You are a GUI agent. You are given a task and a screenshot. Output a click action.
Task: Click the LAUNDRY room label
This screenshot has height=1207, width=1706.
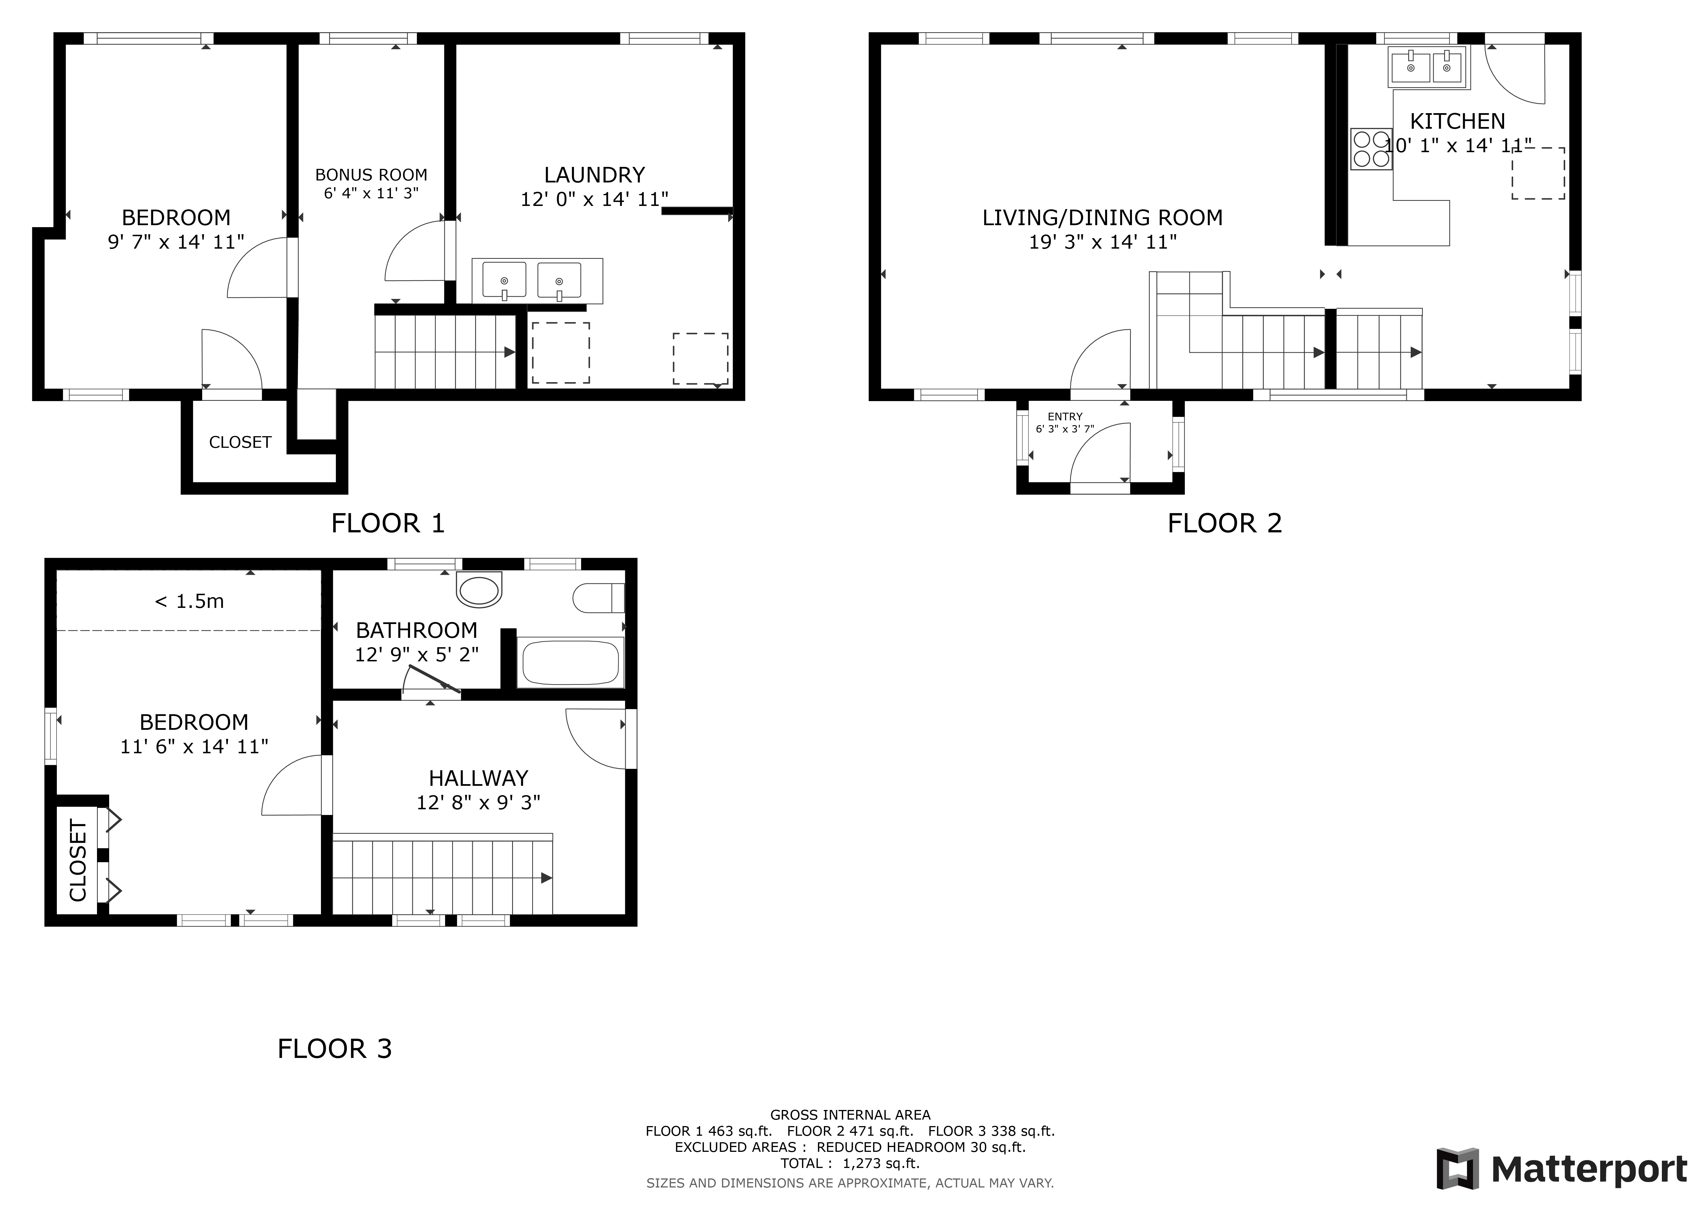coord(594,175)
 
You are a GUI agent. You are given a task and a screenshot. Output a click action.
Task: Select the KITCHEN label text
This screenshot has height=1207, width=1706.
coord(1457,121)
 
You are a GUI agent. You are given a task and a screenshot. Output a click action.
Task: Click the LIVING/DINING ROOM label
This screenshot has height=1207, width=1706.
coord(1102,218)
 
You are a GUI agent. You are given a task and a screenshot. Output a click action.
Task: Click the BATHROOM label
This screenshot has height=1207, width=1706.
coord(416,630)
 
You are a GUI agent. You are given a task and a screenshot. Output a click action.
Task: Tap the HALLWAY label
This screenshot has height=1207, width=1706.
coord(478,778)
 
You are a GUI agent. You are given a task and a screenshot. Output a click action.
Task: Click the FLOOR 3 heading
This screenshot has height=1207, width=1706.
coord(334,1049)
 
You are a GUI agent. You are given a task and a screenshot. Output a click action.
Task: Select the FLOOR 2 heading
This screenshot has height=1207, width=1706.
coord(1224,523)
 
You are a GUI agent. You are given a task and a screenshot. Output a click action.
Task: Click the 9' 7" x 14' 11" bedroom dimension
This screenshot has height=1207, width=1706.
coord(176,242)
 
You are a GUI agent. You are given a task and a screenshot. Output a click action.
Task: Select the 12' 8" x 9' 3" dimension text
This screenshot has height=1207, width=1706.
coord(478,803)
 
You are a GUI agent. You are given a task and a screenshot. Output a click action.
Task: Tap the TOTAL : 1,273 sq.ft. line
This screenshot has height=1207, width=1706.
coord(850,1163)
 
